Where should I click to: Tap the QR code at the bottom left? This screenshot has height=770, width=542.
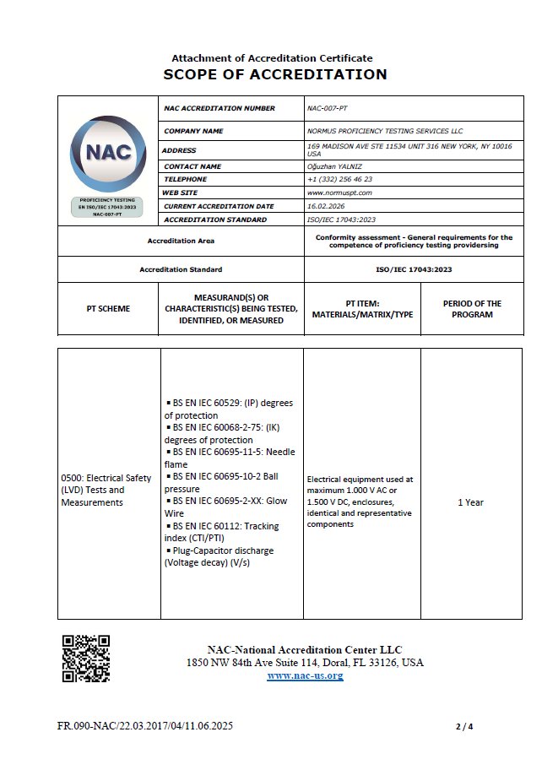[85, 658]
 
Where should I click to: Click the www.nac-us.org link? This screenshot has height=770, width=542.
[305, 675]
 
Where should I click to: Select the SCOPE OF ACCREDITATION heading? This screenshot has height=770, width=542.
[275, 74]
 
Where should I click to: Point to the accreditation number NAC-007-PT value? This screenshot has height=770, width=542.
[327, 108]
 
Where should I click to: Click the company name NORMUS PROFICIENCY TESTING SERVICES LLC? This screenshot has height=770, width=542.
[385, 131]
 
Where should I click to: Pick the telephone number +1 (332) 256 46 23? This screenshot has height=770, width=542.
[339, 179]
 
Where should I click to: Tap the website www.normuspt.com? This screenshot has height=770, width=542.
[339, 192]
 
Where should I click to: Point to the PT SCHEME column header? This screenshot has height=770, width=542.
[108, 309]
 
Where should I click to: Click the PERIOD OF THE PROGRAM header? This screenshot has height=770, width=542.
[472, 309]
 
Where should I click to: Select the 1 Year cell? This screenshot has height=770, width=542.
[470, 502]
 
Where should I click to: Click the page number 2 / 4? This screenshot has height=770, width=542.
[464, 726]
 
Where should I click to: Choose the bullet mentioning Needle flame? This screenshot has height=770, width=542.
[230, 458]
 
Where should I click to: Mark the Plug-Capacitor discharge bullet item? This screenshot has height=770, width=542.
[221, 556]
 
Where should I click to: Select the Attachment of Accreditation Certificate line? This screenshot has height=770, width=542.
[272, 58]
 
